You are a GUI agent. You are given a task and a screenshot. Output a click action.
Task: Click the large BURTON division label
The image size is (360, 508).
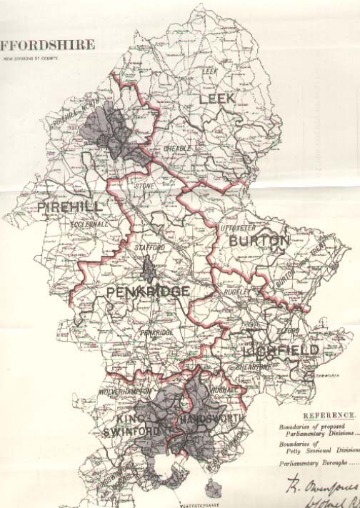(x=259, y=241)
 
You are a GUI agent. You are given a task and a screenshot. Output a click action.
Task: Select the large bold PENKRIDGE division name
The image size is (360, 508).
(x=149, y=292)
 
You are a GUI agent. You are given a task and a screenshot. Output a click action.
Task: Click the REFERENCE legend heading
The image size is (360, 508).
(x=329, y=415)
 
